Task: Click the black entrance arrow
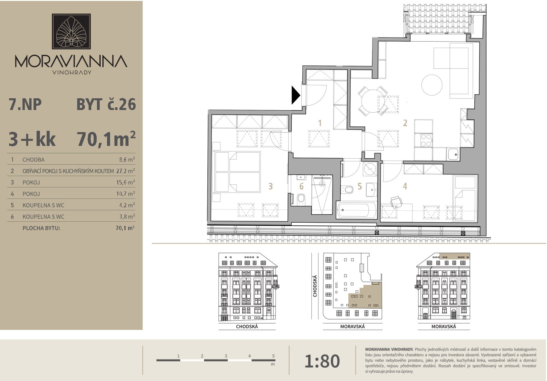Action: pyautogui.click(x=295, y=95)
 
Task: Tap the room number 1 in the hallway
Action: pyautogui.click(x=320, y=123)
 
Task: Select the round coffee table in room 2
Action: pyautogui.click(x=432, y=85)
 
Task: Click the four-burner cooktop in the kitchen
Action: pyautogui.click(x=426, y=140)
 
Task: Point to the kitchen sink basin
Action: pyautogui.click(x=453, y=154)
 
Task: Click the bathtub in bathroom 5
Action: pyautogui.click(x=356, y=210)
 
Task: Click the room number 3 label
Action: pyautogui.click(x=270, y=186)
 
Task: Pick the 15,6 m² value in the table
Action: pyautogui.click(x=125, y=182)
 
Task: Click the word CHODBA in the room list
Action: pyautogui.click(x=34, y=160)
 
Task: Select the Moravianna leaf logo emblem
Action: pyautogui.click(x=71, y=31)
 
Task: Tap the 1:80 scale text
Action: pyautogui.click(x=322, y=361)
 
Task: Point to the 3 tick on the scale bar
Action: pyautogui.click(x=226, y=356)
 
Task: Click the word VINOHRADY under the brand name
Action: pyautogui.click(x=72, y=72)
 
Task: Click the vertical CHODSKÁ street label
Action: pyautogui.click(x=315, y=286)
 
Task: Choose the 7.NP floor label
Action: pyautogui.click(x=25, y=104)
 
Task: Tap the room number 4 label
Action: pyautogui.click(x=405, y=186)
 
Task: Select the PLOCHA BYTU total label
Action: pyautogui.click(x=41, y=228)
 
